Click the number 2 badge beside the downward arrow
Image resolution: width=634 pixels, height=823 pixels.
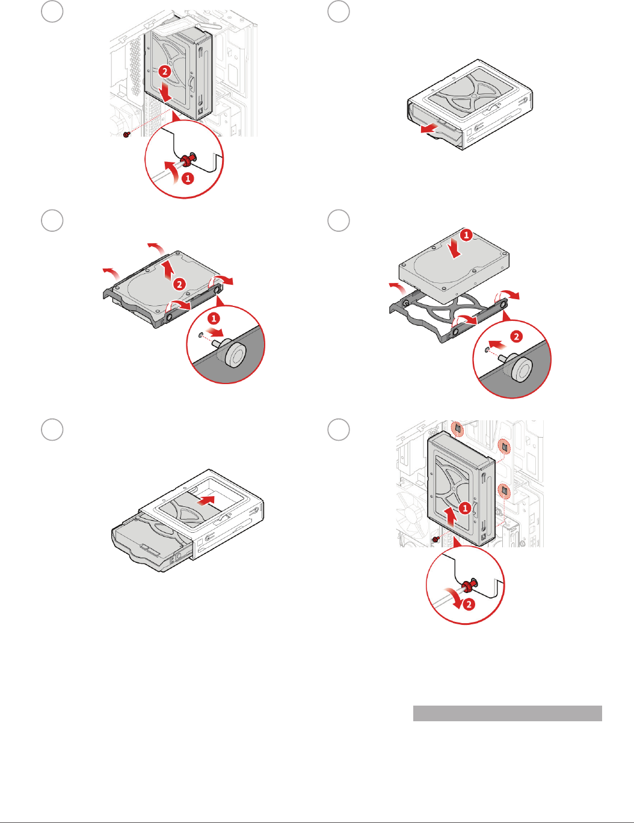(165, 71)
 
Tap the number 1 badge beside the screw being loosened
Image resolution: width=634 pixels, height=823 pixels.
(188, 178)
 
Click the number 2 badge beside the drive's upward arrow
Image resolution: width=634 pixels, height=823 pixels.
(179, 284)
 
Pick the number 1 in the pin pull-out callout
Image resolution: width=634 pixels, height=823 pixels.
(214, 318)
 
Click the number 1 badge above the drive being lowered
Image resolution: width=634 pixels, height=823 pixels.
(466, 235)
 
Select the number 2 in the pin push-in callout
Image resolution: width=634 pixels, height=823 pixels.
(517, 337)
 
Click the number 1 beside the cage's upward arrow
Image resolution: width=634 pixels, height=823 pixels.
(465, 508)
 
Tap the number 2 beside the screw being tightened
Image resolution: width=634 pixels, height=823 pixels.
(469, 604)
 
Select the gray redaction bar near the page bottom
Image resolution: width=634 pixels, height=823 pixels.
(507, 713)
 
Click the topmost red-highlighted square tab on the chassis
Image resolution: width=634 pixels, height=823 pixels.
(458, 429)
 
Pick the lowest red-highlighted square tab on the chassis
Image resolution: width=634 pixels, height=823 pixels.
(504, 491)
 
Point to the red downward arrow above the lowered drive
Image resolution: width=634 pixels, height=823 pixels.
(455, 249)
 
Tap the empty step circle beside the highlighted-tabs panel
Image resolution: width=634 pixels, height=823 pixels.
(338, 429)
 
